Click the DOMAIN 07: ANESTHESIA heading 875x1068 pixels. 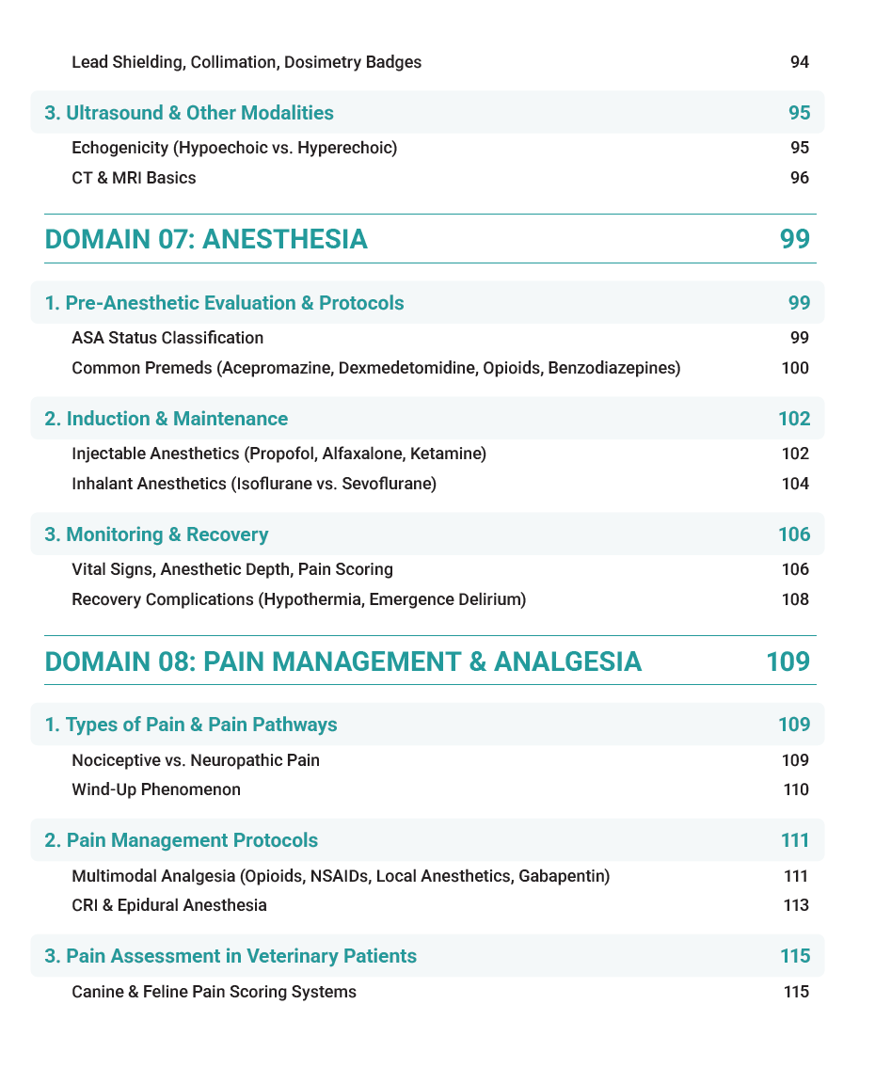point(206,239)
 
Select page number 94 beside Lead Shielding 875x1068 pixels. point(799,62)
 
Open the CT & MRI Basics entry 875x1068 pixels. point(134,177)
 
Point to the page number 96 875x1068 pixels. point(799,177)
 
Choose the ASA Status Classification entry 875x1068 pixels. point(167,338)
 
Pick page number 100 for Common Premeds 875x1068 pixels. point(795,367)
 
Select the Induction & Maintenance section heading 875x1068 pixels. point(167,419)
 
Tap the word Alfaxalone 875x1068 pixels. point(361,454)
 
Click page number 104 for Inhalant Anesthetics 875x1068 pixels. point(795,484)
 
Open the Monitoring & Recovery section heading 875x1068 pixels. point(156,534)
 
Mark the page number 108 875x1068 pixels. point(795,598)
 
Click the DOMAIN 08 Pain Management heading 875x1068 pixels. point(343,662)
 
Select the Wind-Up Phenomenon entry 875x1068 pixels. point(156,789)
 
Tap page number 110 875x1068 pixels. point(796,789)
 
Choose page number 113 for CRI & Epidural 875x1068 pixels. point(796,905)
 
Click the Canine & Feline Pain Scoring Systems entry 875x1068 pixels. point(214,992)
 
